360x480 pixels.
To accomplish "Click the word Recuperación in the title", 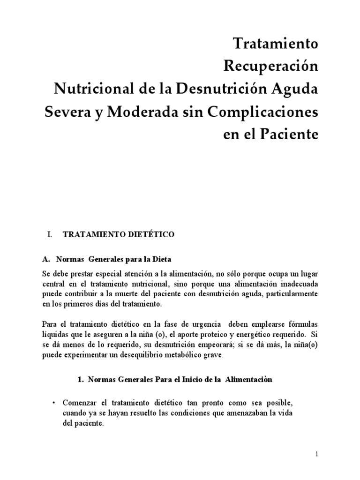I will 271,67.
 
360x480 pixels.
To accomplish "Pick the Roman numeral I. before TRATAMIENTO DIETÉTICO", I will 48,235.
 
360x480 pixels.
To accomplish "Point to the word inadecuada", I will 296,282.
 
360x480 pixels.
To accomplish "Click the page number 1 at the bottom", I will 317,455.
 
